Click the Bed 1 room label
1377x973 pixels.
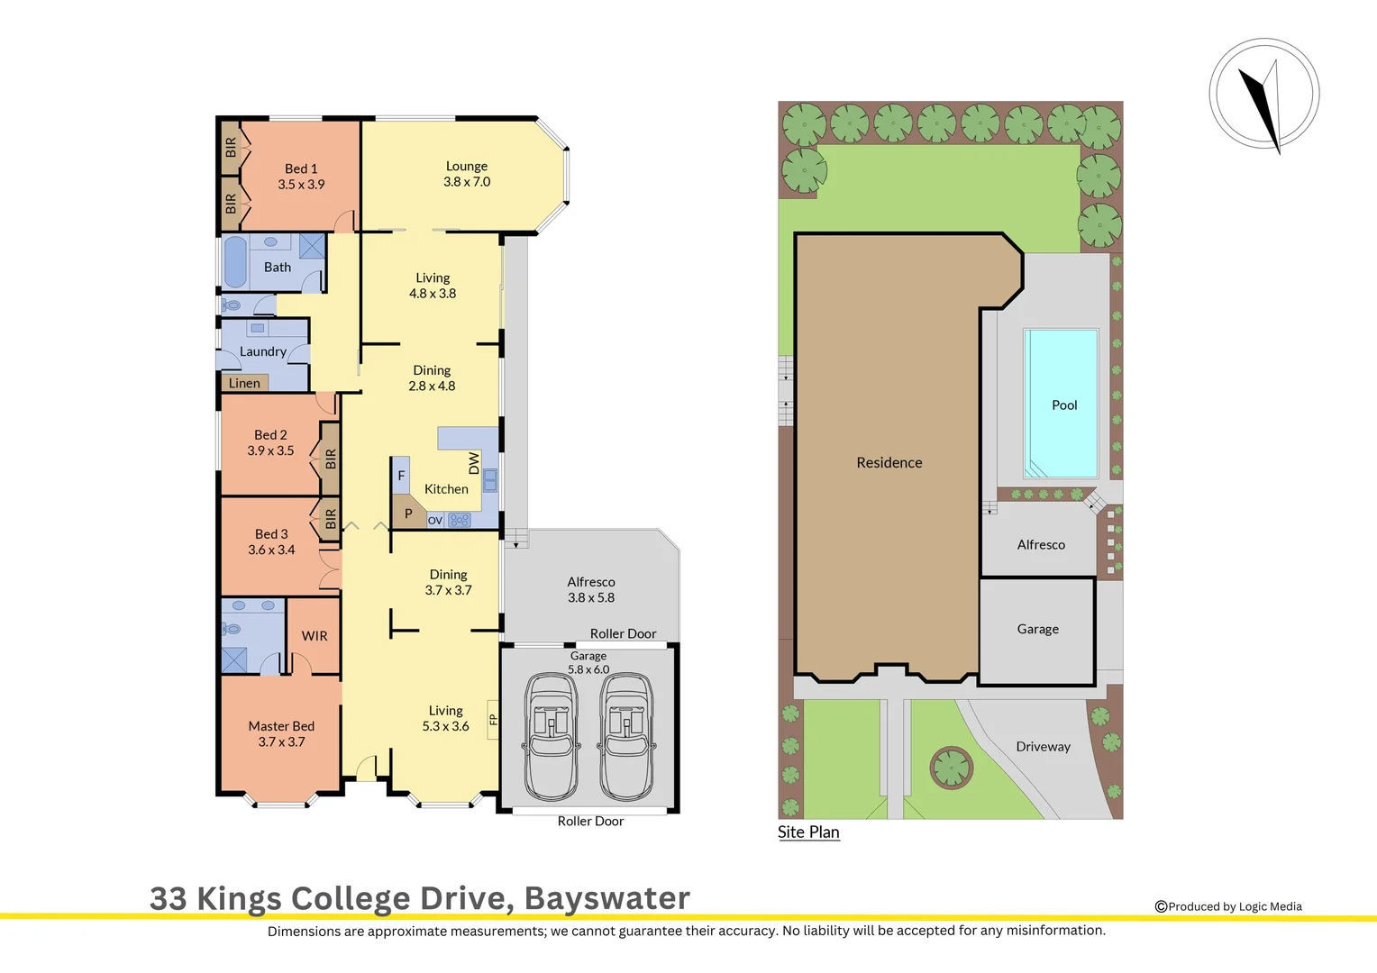(301, 169)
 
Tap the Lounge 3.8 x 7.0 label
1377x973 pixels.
(467, 174)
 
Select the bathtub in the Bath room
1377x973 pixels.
(235, 262)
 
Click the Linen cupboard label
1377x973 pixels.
(244, 383)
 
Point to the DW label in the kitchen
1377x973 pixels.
(474, 463)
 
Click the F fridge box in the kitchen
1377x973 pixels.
(401, 476)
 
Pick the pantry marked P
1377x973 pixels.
(407, 514)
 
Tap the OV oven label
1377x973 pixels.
(435, 520)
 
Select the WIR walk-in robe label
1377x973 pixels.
(315, 636)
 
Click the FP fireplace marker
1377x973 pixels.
(493, 719)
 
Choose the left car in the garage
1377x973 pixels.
(552, 736)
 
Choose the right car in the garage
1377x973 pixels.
(626, 736)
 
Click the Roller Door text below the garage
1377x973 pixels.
(590, 821)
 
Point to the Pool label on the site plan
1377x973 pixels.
(1064, 405)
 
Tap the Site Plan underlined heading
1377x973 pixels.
(808, 832)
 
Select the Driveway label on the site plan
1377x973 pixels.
(1043, 747)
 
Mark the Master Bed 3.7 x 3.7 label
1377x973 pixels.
(281, 734)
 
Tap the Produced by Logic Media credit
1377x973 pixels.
(1228, 906)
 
